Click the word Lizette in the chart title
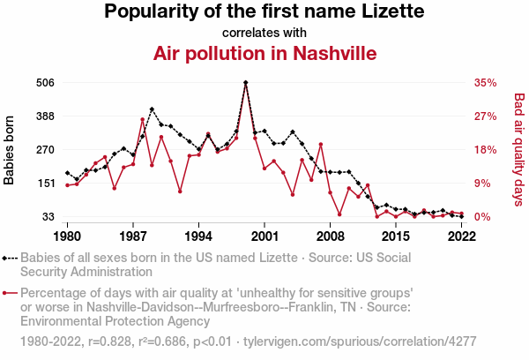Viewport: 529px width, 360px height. (x=391, y=12)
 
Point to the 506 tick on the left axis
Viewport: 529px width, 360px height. (x=45, y=82)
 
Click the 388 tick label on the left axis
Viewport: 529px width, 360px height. (x=45, y=116)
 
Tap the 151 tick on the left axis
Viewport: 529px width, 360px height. (x=45, y=183)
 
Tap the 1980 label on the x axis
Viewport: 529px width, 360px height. (x=68, y=236)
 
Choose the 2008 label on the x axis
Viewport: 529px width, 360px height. (x=330, y=236)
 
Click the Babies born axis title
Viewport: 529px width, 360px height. (x=10, y=149)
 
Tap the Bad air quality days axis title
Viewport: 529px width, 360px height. (x=518, y=149)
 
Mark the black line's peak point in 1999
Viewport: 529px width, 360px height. (x=245, y=82)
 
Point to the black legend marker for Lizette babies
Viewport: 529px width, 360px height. (x=10, y=258)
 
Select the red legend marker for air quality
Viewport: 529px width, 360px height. (x=10, y=292)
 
